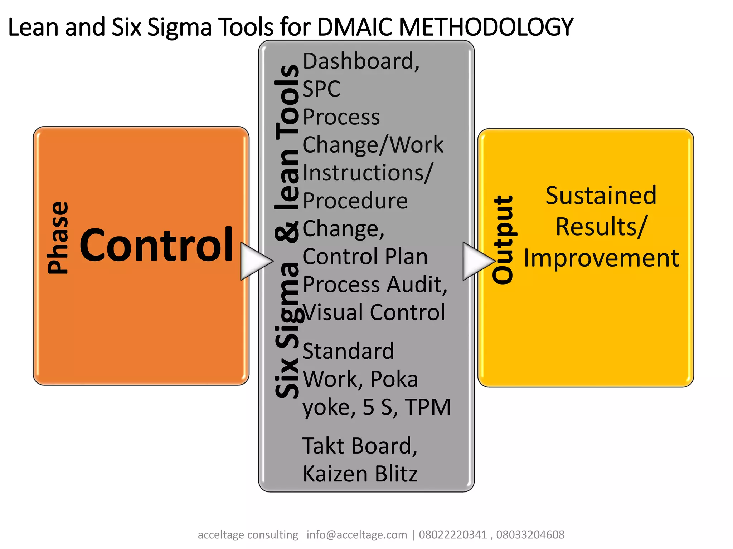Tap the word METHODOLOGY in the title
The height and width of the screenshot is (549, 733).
tap(486, 27)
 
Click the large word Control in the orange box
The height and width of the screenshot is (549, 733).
tap(156, 245)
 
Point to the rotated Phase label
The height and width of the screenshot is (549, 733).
tap(58, 238)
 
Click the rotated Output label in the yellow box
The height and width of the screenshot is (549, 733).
tap(503, 240)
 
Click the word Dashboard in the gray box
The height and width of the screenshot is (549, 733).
tap(358, 61)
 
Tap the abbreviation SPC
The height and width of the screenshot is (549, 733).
tap(321, 89)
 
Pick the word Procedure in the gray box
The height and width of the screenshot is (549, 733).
tap(355, 201)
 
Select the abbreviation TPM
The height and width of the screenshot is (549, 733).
tap(428, 407)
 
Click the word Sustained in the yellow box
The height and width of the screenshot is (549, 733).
tap(601, 196)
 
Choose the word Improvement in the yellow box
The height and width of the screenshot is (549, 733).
tap(601, 258)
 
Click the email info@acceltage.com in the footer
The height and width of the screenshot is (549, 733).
tap(356, 535)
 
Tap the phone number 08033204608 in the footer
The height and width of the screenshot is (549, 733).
tap(530, 535)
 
